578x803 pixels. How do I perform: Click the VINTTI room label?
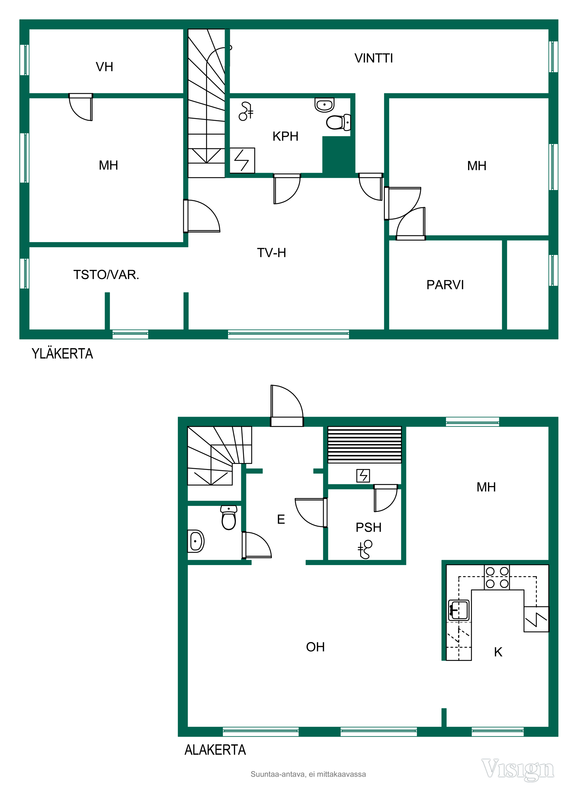[x=374, y=58]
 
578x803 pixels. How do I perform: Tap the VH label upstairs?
[x=104, y=67]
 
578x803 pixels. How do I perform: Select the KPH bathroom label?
[x=285, y=136]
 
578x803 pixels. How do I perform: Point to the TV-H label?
[x=272, y=253]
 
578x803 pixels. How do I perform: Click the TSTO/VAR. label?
[x=106, y=275]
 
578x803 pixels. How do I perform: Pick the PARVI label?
[x=445, y=285]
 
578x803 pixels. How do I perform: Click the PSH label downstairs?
[x=368, y=527]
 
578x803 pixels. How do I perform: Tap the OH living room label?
[x=315, y=647]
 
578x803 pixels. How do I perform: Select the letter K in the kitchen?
[x=498, y=652]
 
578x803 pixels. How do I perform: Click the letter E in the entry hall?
[x=281, y=519]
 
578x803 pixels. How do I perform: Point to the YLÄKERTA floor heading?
[x=62, y=354]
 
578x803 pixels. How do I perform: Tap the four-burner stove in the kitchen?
[x=497, y=578]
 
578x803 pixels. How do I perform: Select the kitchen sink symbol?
[x=459, y=610]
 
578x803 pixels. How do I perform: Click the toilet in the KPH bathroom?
[x=338, y=122]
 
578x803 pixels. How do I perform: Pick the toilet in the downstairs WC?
[x=229, y=518]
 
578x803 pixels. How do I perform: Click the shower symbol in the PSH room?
[x=365, y=549]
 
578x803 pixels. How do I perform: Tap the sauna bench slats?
[x=364, y=445]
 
